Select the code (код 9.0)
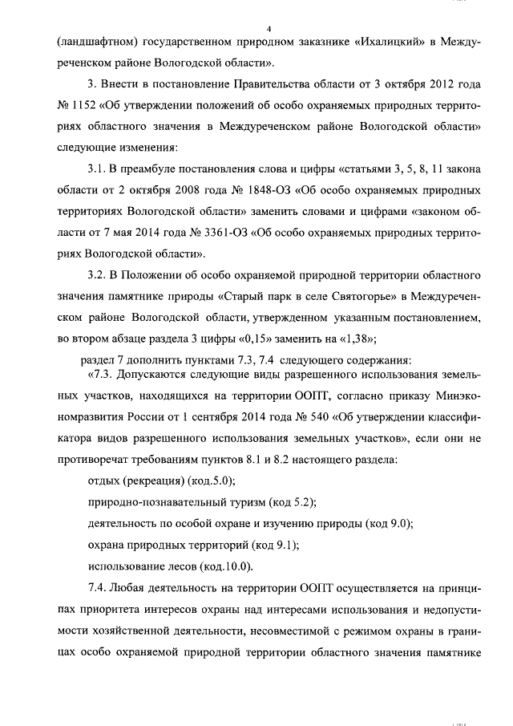tap(387, 525)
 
